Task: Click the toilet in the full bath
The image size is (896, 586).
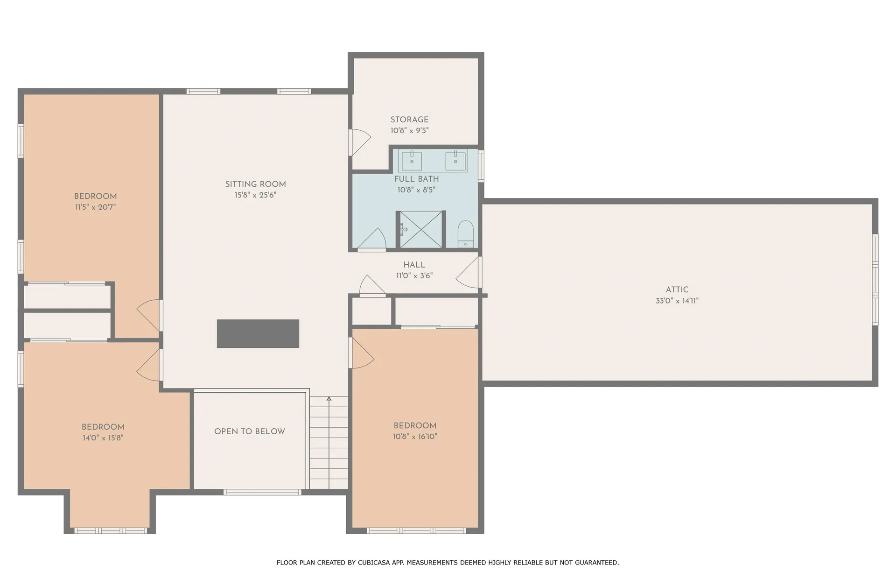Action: [x=465, y=234]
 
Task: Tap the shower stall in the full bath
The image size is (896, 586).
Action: [x=420, y=229]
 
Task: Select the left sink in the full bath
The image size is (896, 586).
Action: [x=412, y=161]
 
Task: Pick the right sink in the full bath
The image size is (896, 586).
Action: [x=455, y=161]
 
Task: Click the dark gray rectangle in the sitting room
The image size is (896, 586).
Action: [x=258, y=334]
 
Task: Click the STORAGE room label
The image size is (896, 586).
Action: [x=410, y=120]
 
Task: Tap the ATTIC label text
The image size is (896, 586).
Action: [x=677, y=289]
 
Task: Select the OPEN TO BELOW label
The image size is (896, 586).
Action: [x=250, y=431]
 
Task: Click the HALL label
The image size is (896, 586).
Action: [x=414, y=265]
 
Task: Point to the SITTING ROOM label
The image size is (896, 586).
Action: [x=256, y=184]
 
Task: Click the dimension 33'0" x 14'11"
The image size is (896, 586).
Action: [x=677, y=301]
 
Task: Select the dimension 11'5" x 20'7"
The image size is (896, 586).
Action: [x=96, y=207]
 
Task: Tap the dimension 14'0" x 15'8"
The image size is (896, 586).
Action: [x=103, y=438]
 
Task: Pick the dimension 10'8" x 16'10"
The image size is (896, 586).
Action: [x=415, y=437]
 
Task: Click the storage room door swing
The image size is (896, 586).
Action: [x=360, y=142]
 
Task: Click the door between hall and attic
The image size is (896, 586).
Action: [x=468, y=272]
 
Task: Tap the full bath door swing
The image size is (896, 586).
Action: [x=372, y=240]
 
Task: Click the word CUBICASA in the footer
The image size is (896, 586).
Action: [x=374, y=563]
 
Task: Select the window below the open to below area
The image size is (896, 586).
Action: [x=262, y=492]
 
